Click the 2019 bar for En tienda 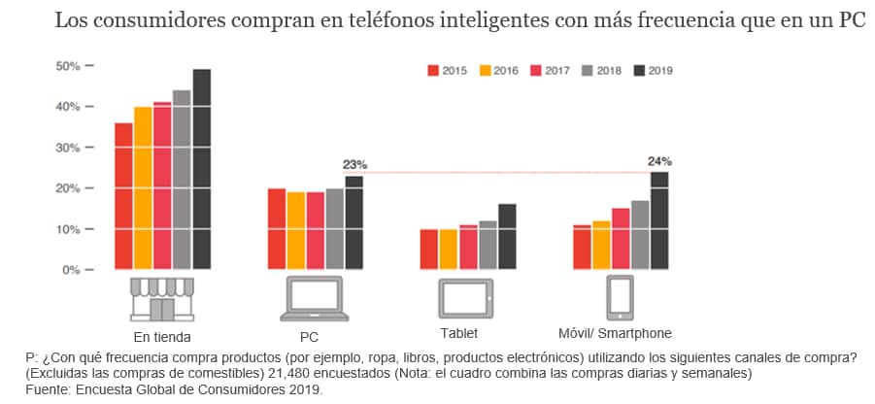click(201, 169)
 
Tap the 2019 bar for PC click(353, 222)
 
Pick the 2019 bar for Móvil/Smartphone click(659, 220)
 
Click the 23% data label click(354, 165)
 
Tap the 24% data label click(659, 161)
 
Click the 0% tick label click(68, 270)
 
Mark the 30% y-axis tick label click(68, 148)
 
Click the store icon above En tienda click(161, 298)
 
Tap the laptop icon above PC click(311, 298)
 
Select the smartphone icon click(620, 297)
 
